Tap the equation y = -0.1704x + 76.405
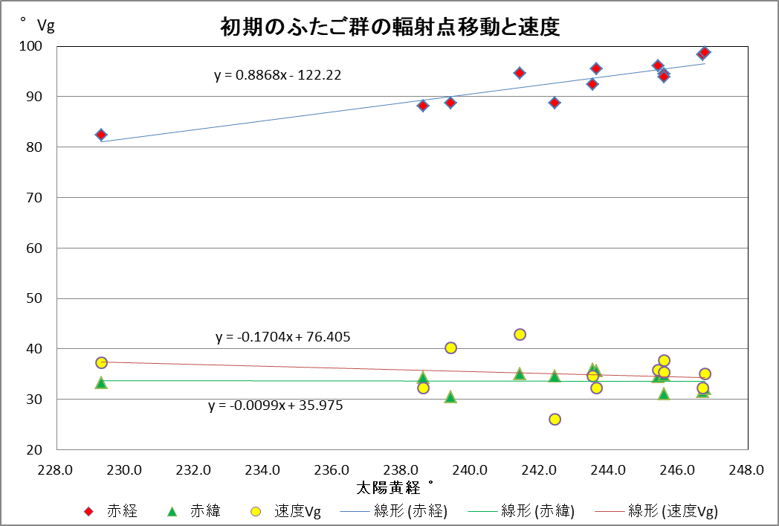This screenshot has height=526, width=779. (x=283, y=337)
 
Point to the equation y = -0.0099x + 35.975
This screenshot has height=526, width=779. (x=276, y=406)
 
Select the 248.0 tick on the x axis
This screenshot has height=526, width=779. (x=746, y=469)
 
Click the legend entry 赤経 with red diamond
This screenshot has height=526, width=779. (x=111, y=511)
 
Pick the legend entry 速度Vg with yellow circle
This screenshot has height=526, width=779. (x=286, y=511)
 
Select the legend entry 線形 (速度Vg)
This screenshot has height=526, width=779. (x=658, y=511)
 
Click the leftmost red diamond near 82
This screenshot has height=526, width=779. (x=101, y=135)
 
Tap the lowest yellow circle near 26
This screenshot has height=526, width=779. (x=555, y=420)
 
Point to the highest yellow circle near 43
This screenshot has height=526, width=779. (x=520, y=335)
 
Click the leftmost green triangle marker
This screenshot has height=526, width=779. (x=101, y=382)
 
